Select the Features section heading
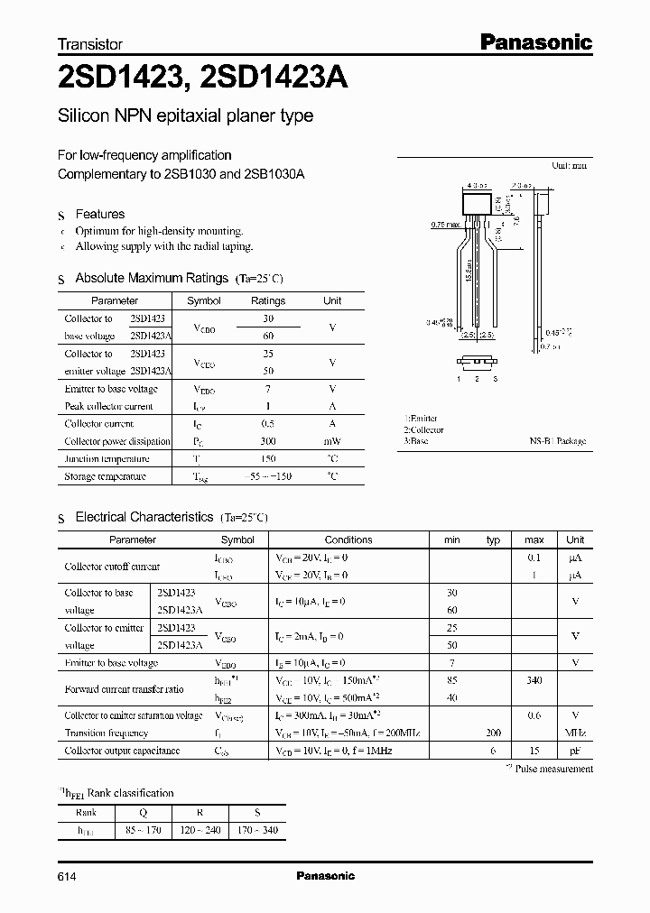[99, 215]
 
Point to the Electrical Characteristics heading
[144, 518]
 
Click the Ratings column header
[267, 301]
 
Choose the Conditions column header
[348, 540]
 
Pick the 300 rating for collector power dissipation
[267, 441]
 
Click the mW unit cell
[332, 441]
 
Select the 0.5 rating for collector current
[267, 424]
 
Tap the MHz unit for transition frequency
[574, 733]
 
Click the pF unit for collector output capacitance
[574, 751]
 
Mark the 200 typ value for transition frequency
[493, 733]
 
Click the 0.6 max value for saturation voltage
[534, 715]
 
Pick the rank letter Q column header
[142, 812]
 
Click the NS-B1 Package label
[557, 441]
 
